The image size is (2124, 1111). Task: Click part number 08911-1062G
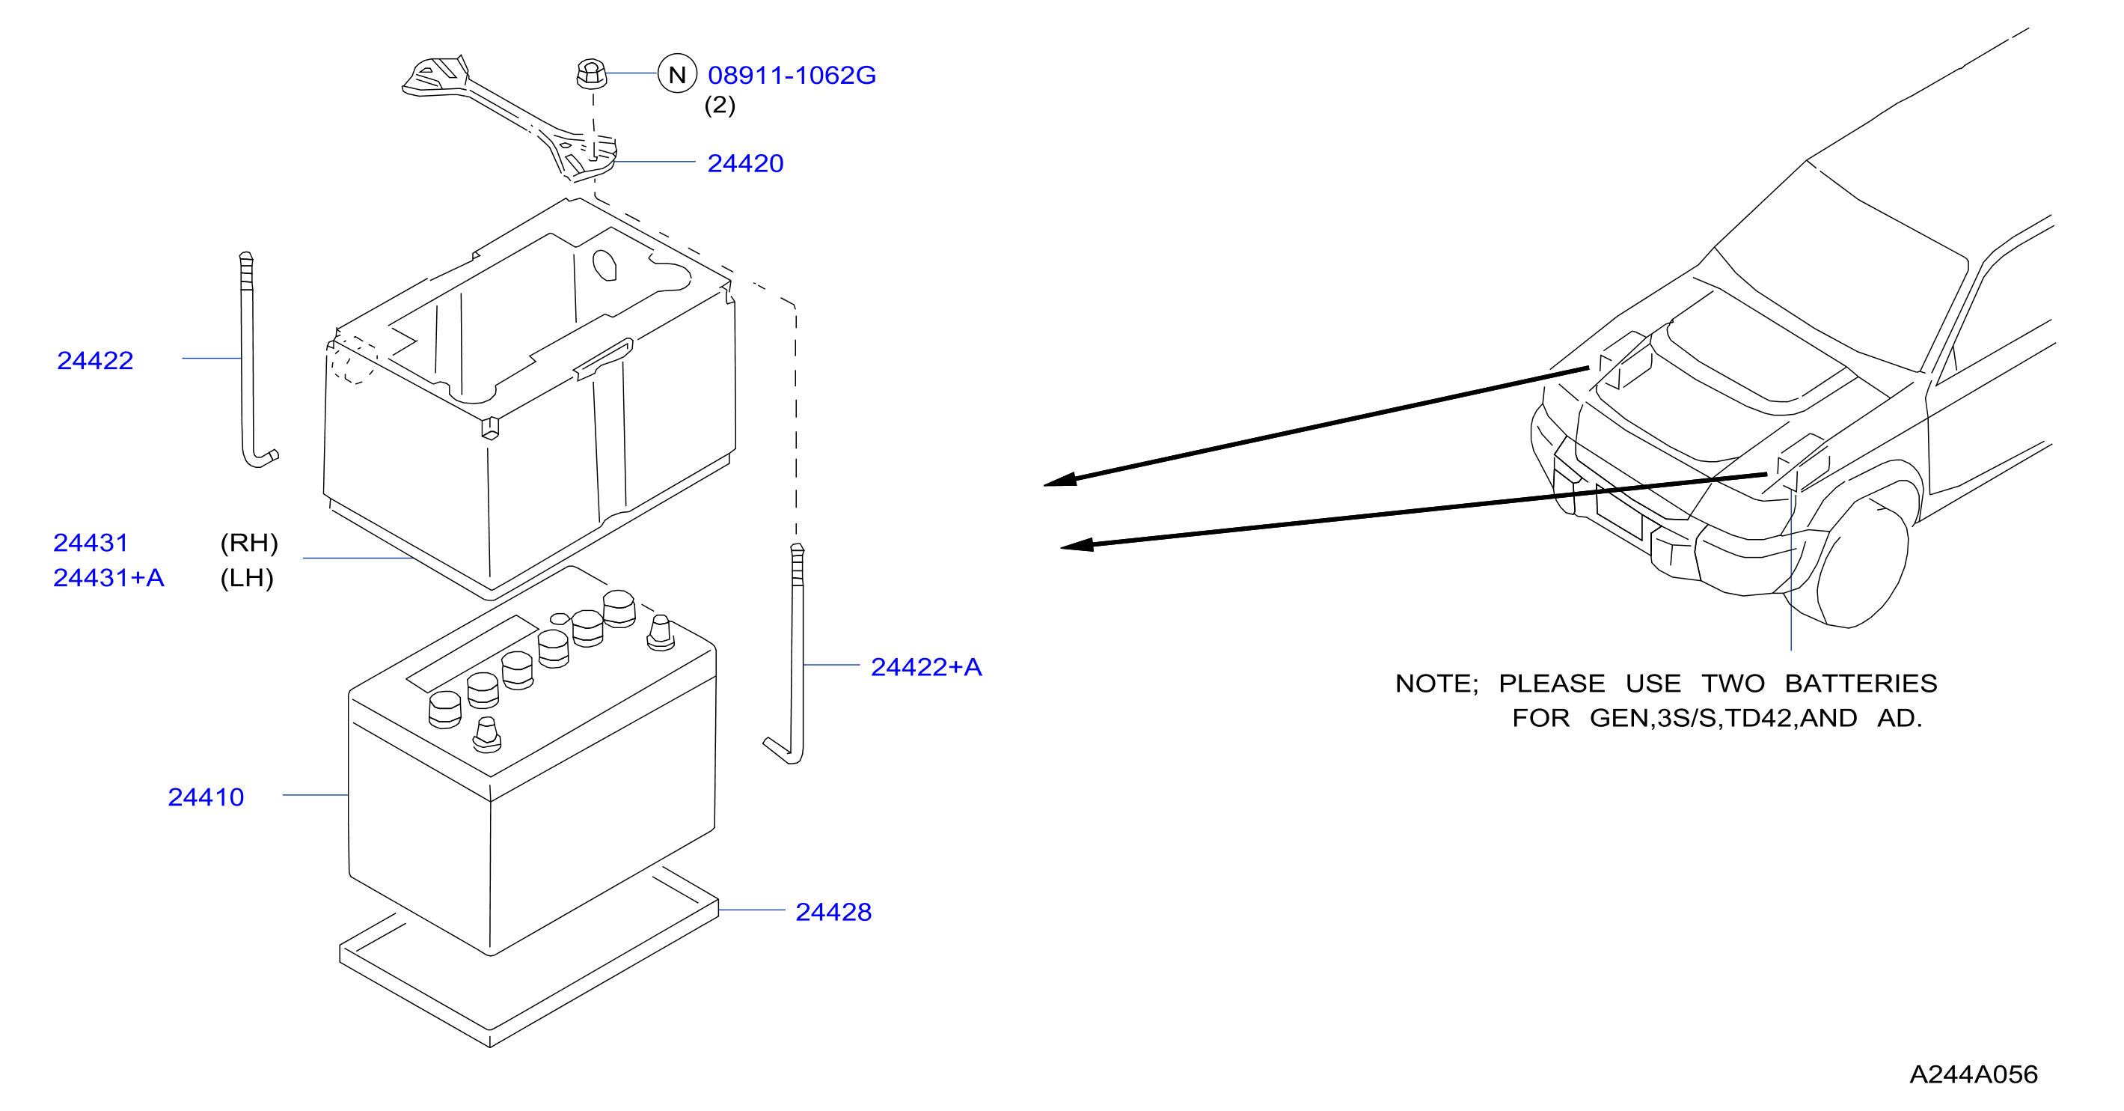[x=792, y=75]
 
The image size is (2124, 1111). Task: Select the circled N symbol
[x=677, y=74]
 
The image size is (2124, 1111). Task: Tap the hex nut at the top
[x=591, y=73]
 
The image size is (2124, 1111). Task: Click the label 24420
[x=745, y=163]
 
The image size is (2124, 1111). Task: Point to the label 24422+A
[x=926, y=666]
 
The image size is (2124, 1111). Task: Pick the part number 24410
[x=206, y=797]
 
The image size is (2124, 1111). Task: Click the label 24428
[x=833, y=911]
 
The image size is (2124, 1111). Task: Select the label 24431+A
[x=108, y=577]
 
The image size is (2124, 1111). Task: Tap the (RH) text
[x=249, y=543]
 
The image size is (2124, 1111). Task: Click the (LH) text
[x=247, y=577]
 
